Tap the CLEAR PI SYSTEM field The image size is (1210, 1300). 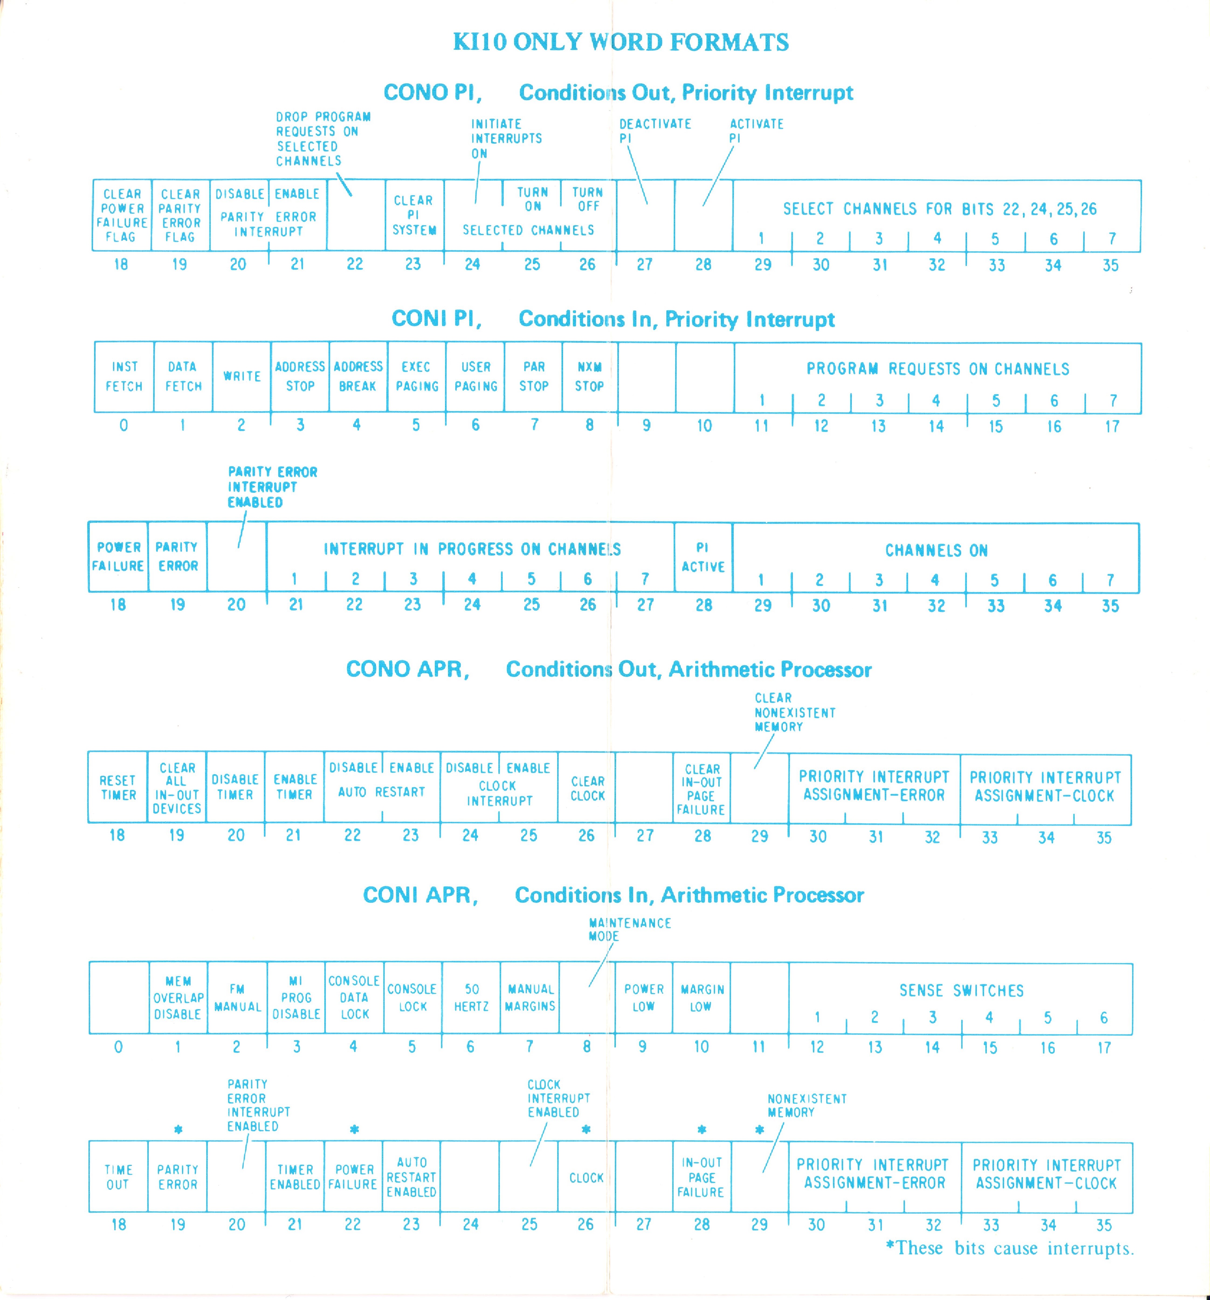pyautogui.click(x=414, y=215)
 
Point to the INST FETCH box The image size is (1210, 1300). pyautogui.click(x=124, y=377)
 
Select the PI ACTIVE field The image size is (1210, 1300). pyautogui.click(x=703, y=557)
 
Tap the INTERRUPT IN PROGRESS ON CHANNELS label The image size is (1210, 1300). pyautogui.click(x=472, y=549)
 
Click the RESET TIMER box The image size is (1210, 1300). pyautogui.click(x=118, y=787)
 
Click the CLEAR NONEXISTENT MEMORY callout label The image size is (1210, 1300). pyautogui.click(x=794, y=712)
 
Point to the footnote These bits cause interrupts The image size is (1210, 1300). pyautogui.click(x=1010, y=1248)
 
